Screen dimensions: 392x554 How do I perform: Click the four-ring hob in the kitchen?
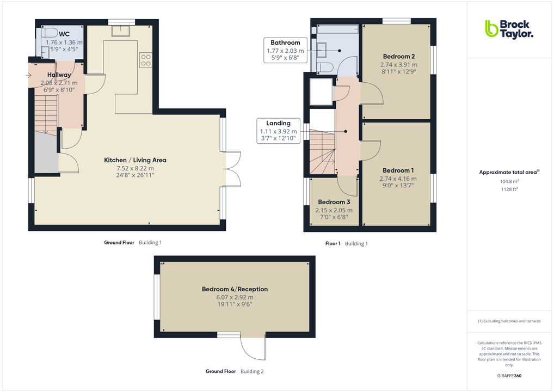pos(145,60)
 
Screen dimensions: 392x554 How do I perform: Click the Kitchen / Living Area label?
pos(136,160)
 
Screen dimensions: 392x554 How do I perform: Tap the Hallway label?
pos(59,75)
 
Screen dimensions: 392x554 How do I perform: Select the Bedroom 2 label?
pos(399,57)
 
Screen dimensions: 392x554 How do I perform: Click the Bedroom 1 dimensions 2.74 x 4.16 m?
pos(398,179)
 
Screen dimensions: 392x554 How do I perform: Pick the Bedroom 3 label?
pos(334,202)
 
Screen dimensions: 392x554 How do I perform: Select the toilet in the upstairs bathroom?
pos(325,67)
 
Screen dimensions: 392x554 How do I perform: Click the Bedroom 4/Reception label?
pos(235,289)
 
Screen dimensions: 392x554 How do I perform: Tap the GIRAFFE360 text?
pos(509,376)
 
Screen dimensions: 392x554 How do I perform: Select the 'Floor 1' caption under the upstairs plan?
pos(333,243)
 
